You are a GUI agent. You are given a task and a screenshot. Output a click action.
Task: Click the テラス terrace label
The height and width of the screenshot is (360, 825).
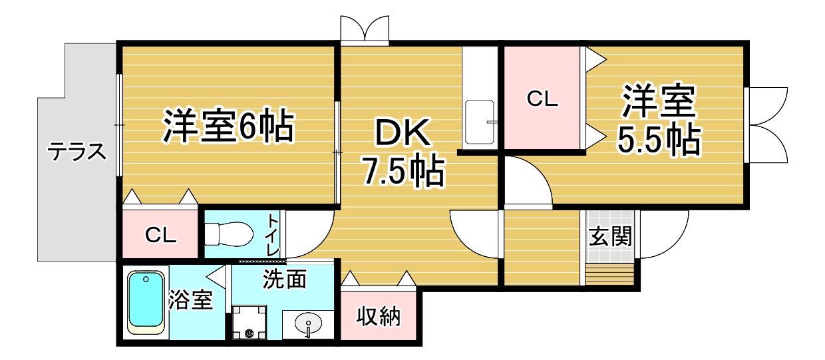(x=77, y=152)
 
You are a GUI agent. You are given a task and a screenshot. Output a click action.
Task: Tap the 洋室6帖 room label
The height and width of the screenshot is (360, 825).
(x=228, y=126)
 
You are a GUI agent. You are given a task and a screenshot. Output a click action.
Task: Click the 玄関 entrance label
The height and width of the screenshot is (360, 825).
(x=610, y=236)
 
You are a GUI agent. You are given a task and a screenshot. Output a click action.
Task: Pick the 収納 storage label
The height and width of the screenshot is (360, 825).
(x=379, y=316)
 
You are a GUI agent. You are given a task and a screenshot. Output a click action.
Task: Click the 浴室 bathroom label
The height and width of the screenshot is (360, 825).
(x=191, y=299)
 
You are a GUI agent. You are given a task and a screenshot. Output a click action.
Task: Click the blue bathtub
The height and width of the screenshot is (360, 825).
(x=146, y=303)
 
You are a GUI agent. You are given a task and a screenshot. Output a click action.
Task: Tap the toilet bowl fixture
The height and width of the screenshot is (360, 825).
(x=229, y=234)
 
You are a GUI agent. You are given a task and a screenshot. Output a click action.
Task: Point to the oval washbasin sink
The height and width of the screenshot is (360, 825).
(x=308, y=323)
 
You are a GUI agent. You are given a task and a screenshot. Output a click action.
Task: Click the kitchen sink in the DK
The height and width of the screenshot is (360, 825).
(x=480, y=122)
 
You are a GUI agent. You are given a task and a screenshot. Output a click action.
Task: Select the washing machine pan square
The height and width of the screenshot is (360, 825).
(x=249, y=323)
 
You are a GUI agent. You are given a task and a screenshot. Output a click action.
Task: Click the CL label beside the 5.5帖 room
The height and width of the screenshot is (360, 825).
(x=542, y=98)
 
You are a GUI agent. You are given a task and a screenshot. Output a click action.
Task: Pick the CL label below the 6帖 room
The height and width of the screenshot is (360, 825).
(x=160, y=235)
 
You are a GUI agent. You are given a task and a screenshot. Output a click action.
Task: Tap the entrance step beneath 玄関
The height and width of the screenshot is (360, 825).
(x=609, y=274)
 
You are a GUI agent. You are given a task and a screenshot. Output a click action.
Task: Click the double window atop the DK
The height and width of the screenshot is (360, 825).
(x=364, y=29)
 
